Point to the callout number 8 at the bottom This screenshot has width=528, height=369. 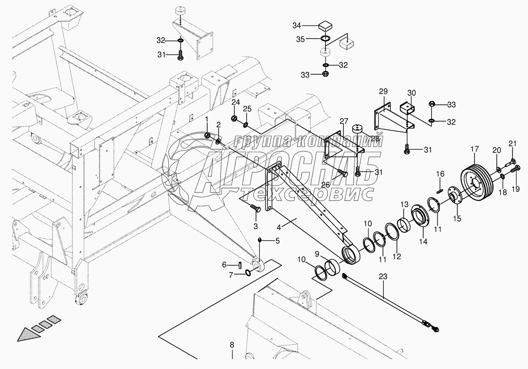click(232, 344)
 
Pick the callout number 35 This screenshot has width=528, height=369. click(300, 39)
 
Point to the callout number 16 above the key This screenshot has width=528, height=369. click(440, 174)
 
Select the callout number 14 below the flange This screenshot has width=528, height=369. click(423, 242)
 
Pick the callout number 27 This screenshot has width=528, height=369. click(344, 121)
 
